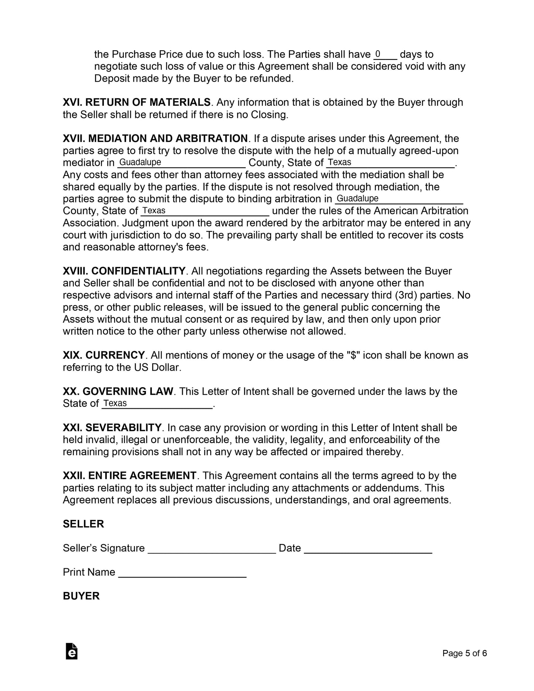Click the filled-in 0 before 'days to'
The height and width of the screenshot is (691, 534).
[x=378, y=54]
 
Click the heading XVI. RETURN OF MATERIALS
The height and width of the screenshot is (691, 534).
[x=136, y=102]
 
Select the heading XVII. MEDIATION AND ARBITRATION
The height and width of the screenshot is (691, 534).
[x=155, y=139]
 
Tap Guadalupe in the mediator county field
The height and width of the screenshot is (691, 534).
[x=140, y=162]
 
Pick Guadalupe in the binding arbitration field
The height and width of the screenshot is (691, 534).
[x=358, y=198]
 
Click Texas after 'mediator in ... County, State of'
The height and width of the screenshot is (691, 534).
[x=340, y=162]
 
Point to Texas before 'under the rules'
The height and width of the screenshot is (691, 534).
[x=154, y=211]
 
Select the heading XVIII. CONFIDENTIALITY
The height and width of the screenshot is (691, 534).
[x=124, y=271]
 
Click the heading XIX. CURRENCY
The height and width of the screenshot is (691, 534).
[x=103, y=355]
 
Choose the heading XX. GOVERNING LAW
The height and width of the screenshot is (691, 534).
[x=118, y=391]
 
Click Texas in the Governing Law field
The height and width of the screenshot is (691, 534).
[x=115, y=403]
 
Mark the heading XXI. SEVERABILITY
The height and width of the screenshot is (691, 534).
[x=112, y=428]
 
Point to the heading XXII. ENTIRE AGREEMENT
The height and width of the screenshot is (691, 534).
[x=129, y=476]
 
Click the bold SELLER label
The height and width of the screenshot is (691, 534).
[x=84, y=524]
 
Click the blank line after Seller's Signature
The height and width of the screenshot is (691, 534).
[x=212, y=549]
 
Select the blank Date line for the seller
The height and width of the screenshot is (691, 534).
[x=368, y=549]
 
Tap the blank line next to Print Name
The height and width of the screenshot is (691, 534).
[x=182, y=573]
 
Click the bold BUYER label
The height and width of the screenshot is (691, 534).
[x=81, y=596]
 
